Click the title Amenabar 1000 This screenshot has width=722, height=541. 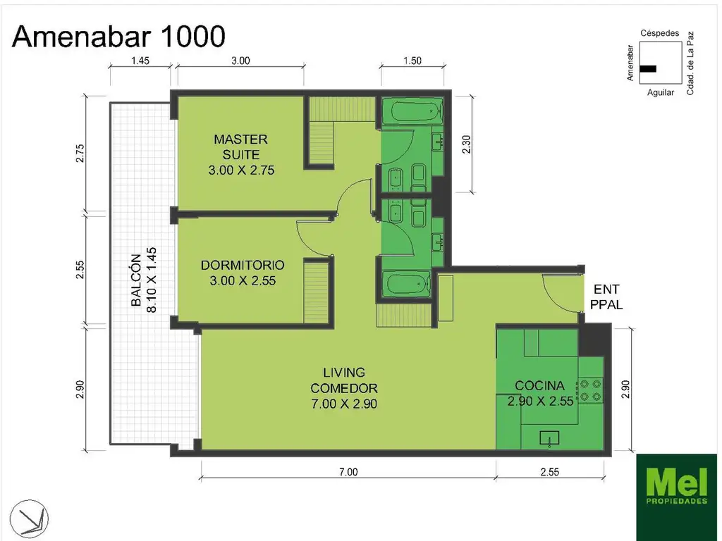(118, 37)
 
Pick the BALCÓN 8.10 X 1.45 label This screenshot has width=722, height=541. (143, 280)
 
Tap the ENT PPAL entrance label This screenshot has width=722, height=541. (606, 297)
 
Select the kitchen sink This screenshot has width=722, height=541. (549, 438)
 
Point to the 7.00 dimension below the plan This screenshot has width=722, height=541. (348, 471)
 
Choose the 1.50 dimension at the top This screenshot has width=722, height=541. (412, 61)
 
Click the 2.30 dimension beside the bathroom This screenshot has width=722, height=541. (466, 144)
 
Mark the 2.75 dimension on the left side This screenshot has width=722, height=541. (80, 153)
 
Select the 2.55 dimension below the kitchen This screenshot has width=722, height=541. (550, 471)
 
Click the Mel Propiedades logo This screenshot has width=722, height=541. (676, 497)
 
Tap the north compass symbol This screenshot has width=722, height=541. (28, 518)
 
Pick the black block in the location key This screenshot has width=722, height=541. (648, 69)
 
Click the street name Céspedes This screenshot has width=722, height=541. (660, 33)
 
